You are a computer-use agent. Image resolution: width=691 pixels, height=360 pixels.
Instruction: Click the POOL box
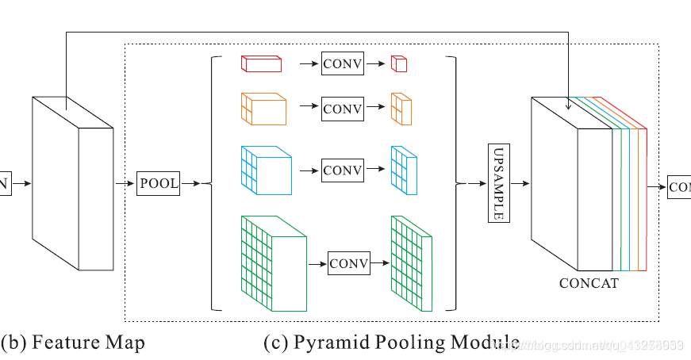coord(159,184)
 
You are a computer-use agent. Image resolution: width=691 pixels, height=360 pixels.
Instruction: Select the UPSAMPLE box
coord(498,184)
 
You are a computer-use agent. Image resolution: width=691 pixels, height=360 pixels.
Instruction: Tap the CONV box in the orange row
coord(342,109)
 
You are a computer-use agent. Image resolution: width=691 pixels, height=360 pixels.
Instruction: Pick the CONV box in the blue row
coord(342,170)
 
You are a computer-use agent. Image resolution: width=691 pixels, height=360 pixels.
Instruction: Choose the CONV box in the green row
coord(349,264)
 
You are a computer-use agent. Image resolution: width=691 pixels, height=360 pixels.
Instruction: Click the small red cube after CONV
coord(399,65)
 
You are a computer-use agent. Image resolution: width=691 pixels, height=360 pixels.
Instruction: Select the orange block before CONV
coord(263,109)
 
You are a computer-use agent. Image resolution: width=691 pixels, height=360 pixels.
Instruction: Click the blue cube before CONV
coord(266,170)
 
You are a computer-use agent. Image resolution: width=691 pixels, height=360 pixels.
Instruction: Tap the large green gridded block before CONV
coord(272,265)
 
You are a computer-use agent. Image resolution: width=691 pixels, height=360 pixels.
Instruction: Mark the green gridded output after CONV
coord(410,264)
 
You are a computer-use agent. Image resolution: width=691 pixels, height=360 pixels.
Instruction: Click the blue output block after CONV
coord(403,170)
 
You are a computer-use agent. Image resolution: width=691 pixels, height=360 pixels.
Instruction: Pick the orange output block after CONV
coord(401,109)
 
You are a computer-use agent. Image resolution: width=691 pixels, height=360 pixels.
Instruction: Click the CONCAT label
coord(589,283)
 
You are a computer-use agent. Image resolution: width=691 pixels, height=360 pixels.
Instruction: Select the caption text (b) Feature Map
coord(73,343)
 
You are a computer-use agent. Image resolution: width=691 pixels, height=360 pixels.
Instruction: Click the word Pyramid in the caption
coord(331,343)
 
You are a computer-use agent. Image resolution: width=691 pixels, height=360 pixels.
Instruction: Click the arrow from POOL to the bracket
coord(193,184)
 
